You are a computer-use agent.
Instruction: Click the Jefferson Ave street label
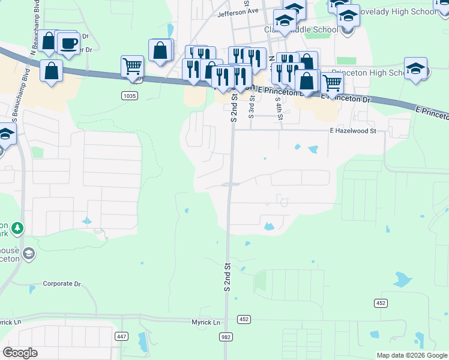pos(238,11)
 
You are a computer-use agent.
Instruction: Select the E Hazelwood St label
pos(352,130)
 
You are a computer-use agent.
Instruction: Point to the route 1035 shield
pos(128,95)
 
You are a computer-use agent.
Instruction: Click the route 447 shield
pos(122,337)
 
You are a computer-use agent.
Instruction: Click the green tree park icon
pos(18,228)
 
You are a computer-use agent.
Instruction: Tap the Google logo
pos(20,353)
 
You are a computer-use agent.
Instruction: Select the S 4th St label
pos(279,107)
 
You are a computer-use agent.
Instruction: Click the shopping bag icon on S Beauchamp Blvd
pos(52,71)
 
